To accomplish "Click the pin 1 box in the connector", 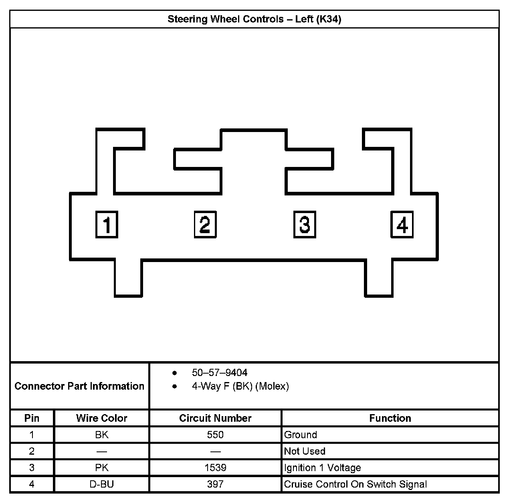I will [107, 225].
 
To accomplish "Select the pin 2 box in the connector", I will [205, 225].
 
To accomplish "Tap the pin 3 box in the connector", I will [305, 225].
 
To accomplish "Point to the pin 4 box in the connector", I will [402, 225].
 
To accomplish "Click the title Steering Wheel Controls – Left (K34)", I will [254, 19].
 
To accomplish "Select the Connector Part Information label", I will [79, 386].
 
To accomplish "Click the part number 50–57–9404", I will [220, 373].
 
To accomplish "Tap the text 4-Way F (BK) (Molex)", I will [240, 386].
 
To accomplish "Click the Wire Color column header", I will [101, 418].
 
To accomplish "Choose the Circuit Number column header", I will [215, 418].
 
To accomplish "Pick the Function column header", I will [390, 418].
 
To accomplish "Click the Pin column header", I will [32, 418].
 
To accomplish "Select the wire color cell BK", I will [101, 435].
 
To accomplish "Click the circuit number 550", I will [215, 435].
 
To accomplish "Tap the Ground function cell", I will [301, 435].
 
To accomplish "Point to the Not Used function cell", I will [305, 451].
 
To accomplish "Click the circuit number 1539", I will [215, 467].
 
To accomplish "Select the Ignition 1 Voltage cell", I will [322, 467].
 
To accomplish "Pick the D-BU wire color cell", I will [101, 484].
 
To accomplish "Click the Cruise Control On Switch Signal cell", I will [355, 484].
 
